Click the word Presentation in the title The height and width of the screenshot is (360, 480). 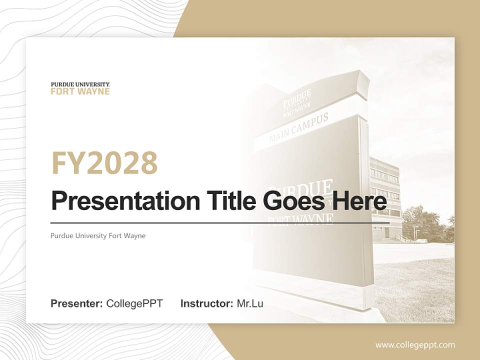(118, 201)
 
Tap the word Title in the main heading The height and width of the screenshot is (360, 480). (220, 201)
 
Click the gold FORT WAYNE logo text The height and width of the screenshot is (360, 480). (80, 91)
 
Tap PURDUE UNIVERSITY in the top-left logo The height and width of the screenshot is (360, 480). (80, 84)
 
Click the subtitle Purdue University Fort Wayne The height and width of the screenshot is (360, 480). (98, 235)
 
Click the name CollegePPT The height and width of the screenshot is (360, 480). (134, 303)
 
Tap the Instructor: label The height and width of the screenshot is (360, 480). (206, 303)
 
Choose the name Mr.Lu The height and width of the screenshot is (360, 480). (250, 303)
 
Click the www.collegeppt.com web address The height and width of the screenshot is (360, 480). (415, 344)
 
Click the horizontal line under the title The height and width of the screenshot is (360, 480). (220, 223)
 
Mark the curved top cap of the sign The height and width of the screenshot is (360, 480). (325, 80)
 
